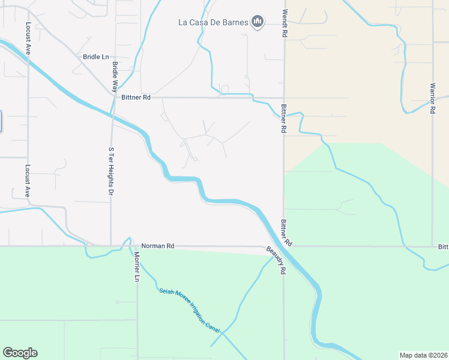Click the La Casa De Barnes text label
pyautogui.click(x=214, y=23)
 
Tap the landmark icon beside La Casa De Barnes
pyautogui.click(x=258, y=22)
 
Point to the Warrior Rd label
pyautogui.click(x=432, y=97)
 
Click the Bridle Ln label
pyautogui.click(x=96, y=56)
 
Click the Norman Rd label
pyautogui.click(x=157, y=246)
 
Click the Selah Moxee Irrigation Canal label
pyautogui.click(x=190, y=310)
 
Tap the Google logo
pyautogui.click(x=20, y=353)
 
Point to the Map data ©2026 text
pyautogui.click(x=424, y=355)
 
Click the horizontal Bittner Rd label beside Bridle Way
pyautogui.click(x=136, y=97)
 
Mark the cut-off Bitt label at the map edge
pyautogui.click(x=443, y=247)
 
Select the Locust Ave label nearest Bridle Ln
pyautogui.click(x=28, y=40)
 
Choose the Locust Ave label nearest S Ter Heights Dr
pyautogui.click(x=28, y=181)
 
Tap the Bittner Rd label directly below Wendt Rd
pyautogui.click(x=283, y=118)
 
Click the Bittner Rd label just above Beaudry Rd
pyautogui.click(x=286, y=233)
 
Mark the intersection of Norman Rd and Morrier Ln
pyautogui.click(x=137, y=246)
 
